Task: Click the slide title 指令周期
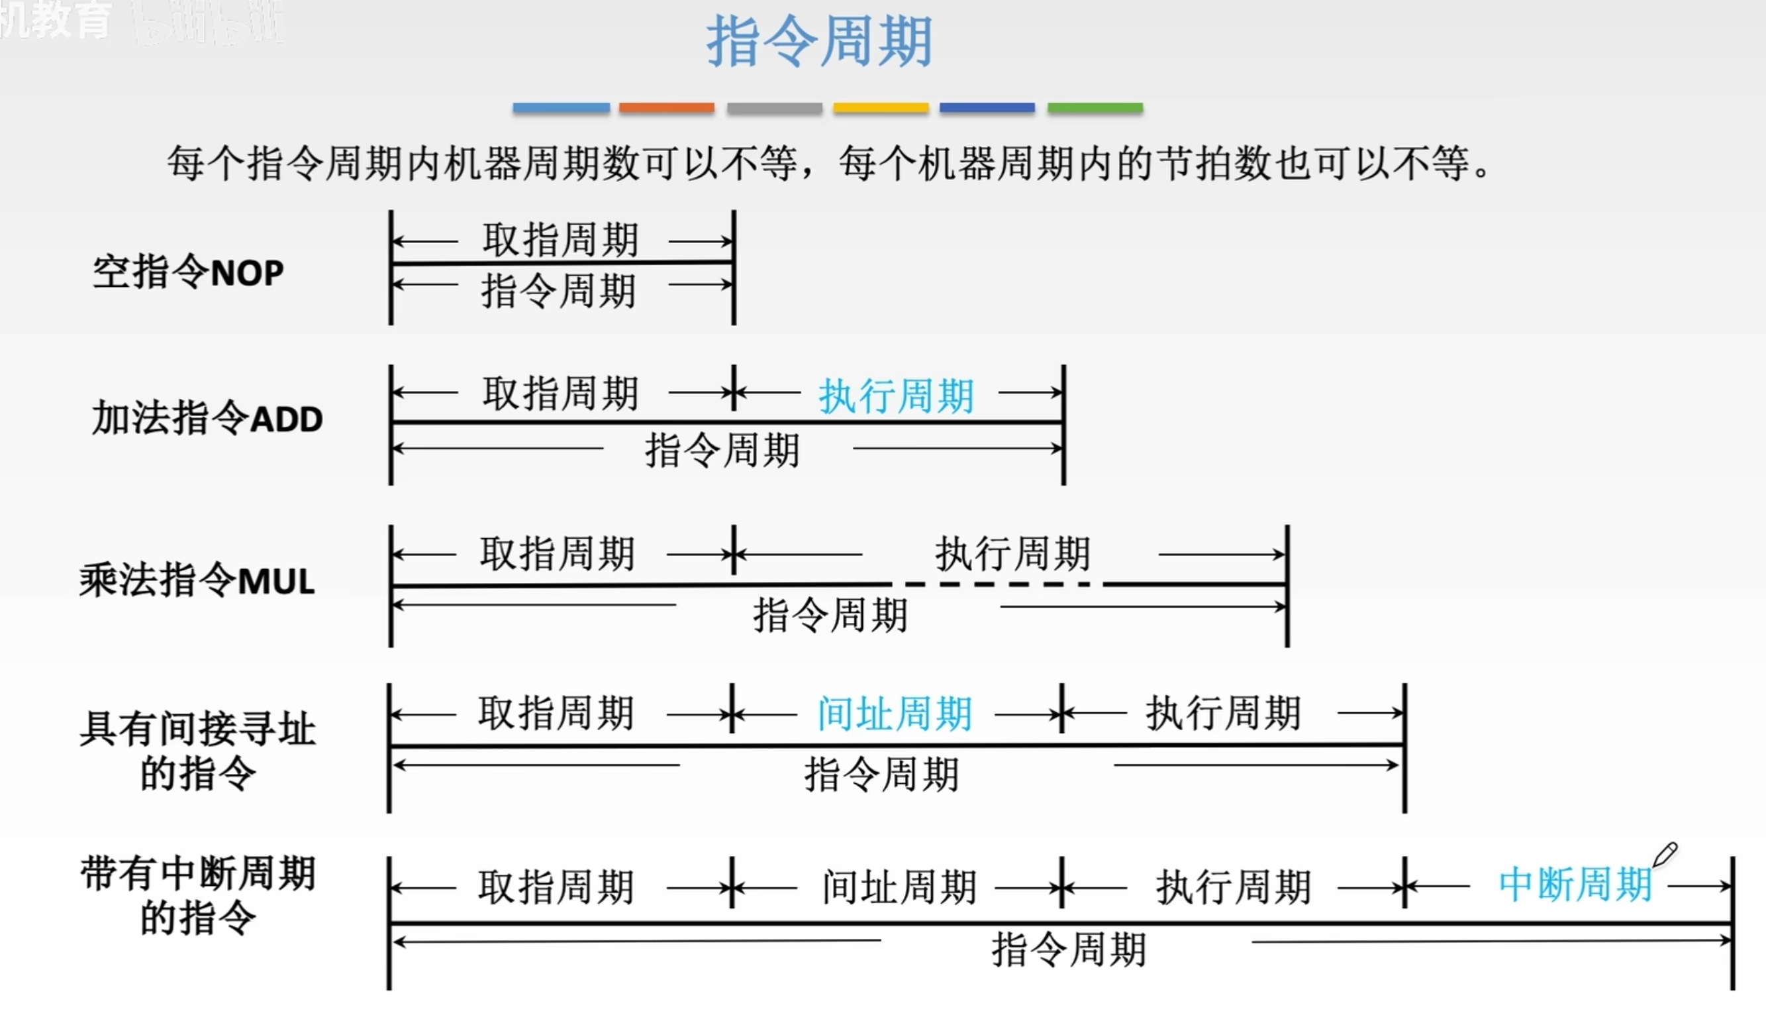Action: [818, 42]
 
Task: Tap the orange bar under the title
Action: [666, 108]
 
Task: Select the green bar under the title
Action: [1095, 108]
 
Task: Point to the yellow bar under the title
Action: [881, 108]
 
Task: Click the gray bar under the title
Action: [774, 108]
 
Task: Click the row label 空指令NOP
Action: [188, 272]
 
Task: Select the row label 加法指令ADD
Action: [207, 419]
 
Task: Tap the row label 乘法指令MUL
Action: [197, 580]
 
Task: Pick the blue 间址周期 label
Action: [895, 714]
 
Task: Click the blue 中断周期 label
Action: [1575, 885]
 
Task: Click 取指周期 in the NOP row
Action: [560, 240]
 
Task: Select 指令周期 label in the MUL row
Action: [830, 615]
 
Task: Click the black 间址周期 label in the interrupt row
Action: [899, 887]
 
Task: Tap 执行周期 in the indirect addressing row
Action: [1224, 714]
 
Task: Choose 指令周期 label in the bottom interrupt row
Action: [1069, 950]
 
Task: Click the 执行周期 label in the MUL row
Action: [1012, 554]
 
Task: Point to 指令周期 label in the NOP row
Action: [558, 291]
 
